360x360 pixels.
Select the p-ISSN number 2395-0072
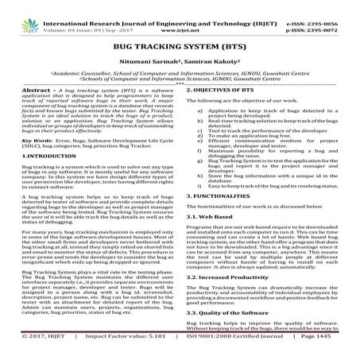coord(335,14)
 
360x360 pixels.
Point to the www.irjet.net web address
coord(181,14)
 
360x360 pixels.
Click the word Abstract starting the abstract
coord(21,91)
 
